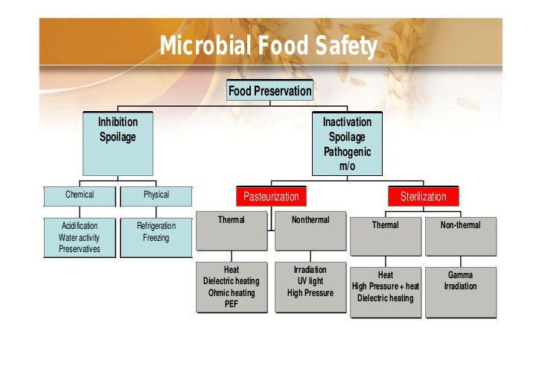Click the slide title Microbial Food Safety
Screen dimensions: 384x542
point(269,48)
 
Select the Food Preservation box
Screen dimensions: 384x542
point(270,91)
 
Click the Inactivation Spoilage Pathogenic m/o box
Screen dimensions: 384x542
point(347,144)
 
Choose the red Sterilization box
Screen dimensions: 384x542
point(423,197)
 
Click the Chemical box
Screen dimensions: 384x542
point(80,195)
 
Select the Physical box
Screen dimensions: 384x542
point(156,195)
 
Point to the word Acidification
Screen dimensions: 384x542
point(80,226)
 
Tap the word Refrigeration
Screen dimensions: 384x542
point(156,226)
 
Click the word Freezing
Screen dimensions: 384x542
point(156,238)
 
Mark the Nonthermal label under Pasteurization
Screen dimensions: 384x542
point(310,220)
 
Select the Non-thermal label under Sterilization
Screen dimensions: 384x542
point(460,224)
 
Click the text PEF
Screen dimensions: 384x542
point(232,303)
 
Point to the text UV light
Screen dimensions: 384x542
point(310,281)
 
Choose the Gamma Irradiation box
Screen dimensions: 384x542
point(460,280)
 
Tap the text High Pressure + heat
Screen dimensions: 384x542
point(386,286)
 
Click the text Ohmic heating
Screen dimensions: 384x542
point(232,292)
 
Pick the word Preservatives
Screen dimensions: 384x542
point(80,249)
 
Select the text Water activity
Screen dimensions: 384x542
point(80,238)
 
